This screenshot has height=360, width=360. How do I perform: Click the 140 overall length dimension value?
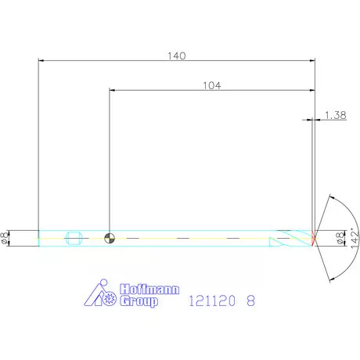pos(176,56)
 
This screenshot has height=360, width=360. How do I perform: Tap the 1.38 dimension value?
pos(335,115)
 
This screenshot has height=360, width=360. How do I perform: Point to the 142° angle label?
pos(354,236)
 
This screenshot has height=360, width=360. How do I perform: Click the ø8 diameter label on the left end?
pos(7,238)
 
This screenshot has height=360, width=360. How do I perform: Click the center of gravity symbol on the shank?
pos(110,238)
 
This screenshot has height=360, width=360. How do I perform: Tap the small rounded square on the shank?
pos(76,238)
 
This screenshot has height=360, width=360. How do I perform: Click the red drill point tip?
pos(314,238)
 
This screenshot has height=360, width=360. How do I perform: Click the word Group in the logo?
pos(139,301)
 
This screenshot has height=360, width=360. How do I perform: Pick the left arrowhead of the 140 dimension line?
pos(41,61)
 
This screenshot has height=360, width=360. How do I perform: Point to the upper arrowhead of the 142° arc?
pos(332,196)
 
